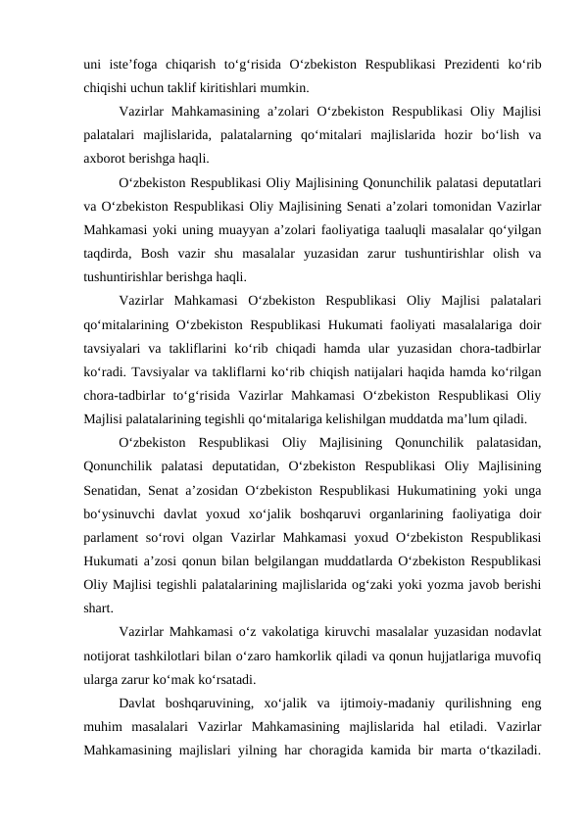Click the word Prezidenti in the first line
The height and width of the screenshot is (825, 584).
coord(456,67)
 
